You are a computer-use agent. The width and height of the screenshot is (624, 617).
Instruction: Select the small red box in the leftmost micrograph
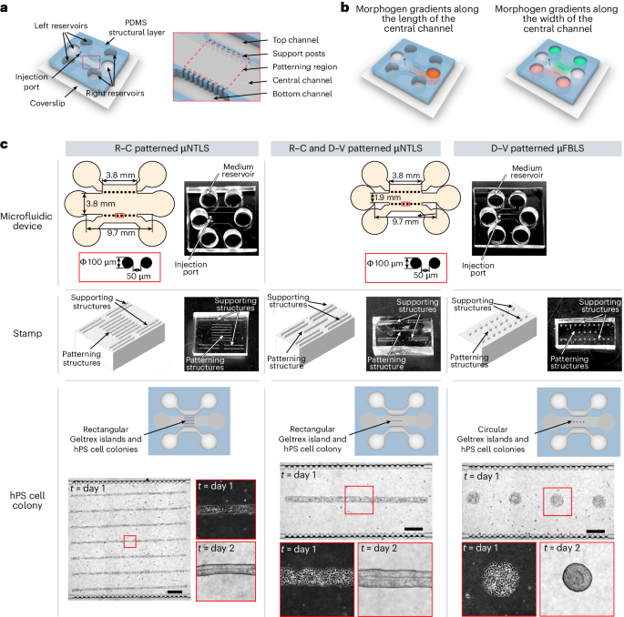pos(129,541)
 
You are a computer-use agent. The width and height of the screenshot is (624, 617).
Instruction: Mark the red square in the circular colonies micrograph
pos(557,501)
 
